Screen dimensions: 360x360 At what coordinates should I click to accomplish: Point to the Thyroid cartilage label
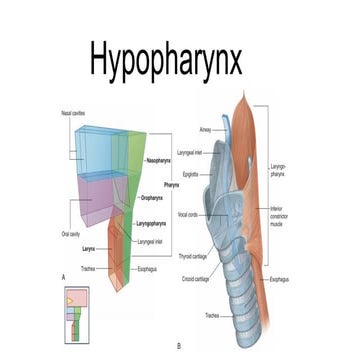coord(194,257)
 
